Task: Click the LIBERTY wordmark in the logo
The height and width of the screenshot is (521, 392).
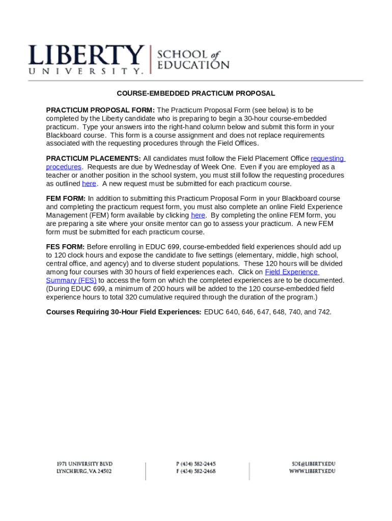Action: coord(86,54)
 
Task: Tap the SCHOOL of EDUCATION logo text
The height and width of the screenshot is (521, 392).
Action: coord(194,60)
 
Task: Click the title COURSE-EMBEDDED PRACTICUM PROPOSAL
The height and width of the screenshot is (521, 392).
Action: coord(196,94)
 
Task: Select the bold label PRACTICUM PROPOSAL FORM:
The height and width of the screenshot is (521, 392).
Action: coord(100,110)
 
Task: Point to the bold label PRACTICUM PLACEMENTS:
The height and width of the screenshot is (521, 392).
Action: coord(94,159)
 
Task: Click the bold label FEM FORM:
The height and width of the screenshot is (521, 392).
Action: coord(66,198)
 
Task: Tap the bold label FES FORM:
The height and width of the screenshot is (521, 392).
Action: coord(65,247)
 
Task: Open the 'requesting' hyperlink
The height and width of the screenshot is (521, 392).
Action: coord(327,159)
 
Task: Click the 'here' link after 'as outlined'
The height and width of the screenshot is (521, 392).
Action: coord(89,184)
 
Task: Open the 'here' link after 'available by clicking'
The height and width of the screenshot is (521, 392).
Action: coord(198,215)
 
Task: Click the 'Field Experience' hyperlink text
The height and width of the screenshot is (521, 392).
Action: coord(291,272)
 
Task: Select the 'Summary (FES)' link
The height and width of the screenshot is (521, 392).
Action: coord(71,280)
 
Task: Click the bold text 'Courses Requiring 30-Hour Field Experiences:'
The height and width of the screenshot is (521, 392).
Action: coord(124,312)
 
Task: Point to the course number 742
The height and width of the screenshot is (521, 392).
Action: coord(324,312)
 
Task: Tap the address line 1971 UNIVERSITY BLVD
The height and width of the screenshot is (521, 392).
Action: coord(84,464)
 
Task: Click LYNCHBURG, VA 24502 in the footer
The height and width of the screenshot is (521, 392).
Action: coord(83,472)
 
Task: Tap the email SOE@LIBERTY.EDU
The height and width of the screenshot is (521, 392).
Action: coord(313,464)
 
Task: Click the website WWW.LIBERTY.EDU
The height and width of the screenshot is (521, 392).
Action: coord(312,472)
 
